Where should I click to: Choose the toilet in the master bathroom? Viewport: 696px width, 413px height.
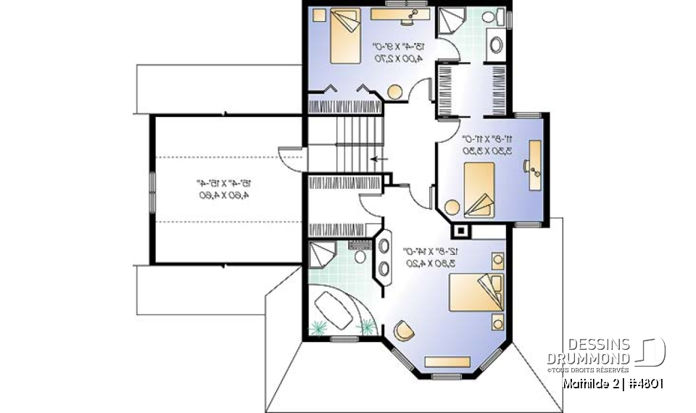[x=360, y=255]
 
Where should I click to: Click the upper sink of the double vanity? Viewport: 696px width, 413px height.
[x=383, y=245]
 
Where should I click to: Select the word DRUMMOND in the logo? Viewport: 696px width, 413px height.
[x=588, y=359]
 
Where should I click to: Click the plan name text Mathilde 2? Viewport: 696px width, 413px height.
[x=589, y=384]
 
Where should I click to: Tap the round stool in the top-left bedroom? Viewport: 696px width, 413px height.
[x=395, y=92]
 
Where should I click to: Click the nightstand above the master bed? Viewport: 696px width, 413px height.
[x=497, y=259]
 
